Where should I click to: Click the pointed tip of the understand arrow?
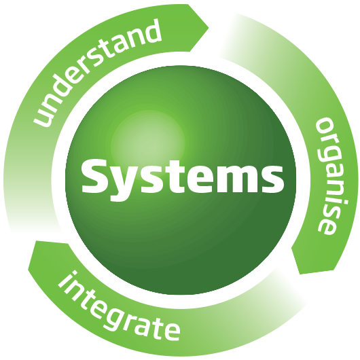(x=209, y=28)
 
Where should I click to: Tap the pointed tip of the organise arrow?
(x=300, y=274)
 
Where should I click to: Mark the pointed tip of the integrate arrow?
(x=28, y=270)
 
